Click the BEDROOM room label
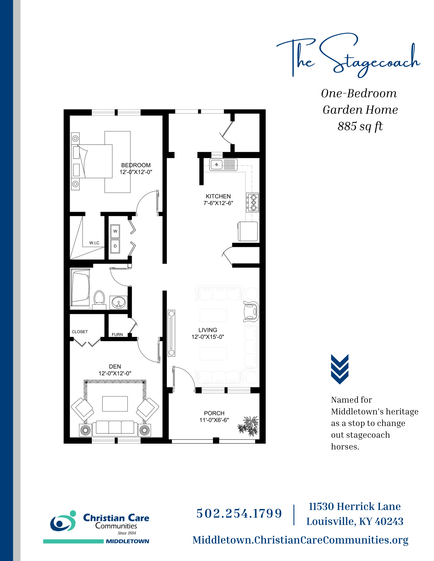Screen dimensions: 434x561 click(x=136, y=165)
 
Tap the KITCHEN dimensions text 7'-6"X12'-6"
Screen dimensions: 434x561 click(x=218, y=203)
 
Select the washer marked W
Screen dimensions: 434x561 click(x=115, y=231)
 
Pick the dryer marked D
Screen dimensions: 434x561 click(x=115, y=246)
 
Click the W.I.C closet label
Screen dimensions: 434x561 click(x=94, y=243)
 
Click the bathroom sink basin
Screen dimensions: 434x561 click(x=118, y=302)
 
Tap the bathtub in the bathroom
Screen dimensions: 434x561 click(x=80, y=288)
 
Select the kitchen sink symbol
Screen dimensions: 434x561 click(x=223, y=165)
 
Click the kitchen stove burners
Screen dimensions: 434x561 click(x=252, y=202)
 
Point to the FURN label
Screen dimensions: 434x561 click(x=117, y=335)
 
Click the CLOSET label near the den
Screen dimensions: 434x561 click(x=80, y=331)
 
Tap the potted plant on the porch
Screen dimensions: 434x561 click(x=248, y=426)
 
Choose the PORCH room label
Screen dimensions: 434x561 click(x=214, y=413)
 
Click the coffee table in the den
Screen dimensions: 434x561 click(x=115, y=404)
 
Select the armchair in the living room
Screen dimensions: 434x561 click(x=251, y=312)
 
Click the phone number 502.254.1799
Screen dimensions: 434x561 click(x=239, y=514)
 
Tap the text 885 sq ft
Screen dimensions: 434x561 click(x=360, y=126)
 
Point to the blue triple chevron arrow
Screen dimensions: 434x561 click(x=340, y=369)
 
